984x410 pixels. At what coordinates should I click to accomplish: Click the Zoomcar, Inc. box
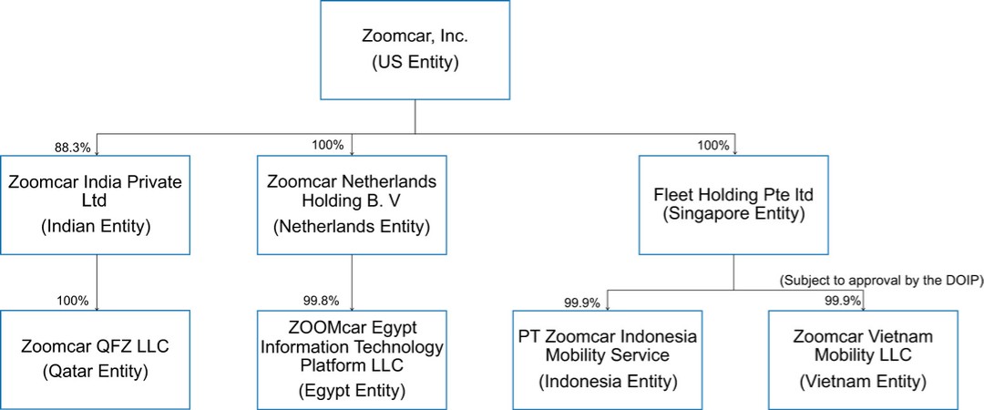(x=415, y=50)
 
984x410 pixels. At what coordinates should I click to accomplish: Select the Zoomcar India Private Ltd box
(x=96, y=204)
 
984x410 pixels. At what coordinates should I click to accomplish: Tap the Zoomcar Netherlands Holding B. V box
(x=352, y=204)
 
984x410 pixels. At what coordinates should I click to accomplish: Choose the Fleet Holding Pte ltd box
(x=733, y=204)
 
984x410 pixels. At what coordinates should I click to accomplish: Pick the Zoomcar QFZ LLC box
(x=96, y=359)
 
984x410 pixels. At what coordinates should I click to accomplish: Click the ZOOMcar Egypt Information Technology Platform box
(x=352, y=359)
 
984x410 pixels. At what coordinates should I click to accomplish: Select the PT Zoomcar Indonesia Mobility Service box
(x=607, y=359)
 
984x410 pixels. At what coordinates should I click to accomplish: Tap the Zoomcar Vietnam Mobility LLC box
(x=863, y=359)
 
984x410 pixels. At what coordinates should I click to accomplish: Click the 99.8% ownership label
(x=321, y=300)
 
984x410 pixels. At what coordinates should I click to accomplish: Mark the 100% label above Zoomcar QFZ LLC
(x=72, y=300)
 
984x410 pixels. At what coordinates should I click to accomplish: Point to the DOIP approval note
(x=879, y=281)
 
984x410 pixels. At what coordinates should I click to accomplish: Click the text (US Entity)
(x=415, y=64)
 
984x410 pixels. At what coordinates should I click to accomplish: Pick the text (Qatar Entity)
(x=96, y=372)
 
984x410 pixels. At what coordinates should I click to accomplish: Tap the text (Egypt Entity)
(x=352, y=391)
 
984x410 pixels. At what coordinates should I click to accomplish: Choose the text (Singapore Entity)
(x=733, y=214)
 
